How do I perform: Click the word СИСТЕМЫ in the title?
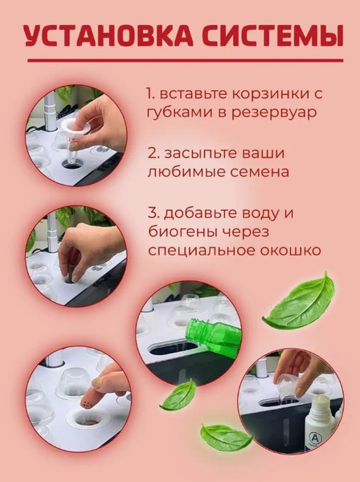[x=266, y=37]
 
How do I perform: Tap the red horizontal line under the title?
[x=180, y=60]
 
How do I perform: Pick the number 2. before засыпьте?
[x=153, y=152]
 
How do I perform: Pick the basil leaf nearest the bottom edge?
[x=225, y=437]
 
